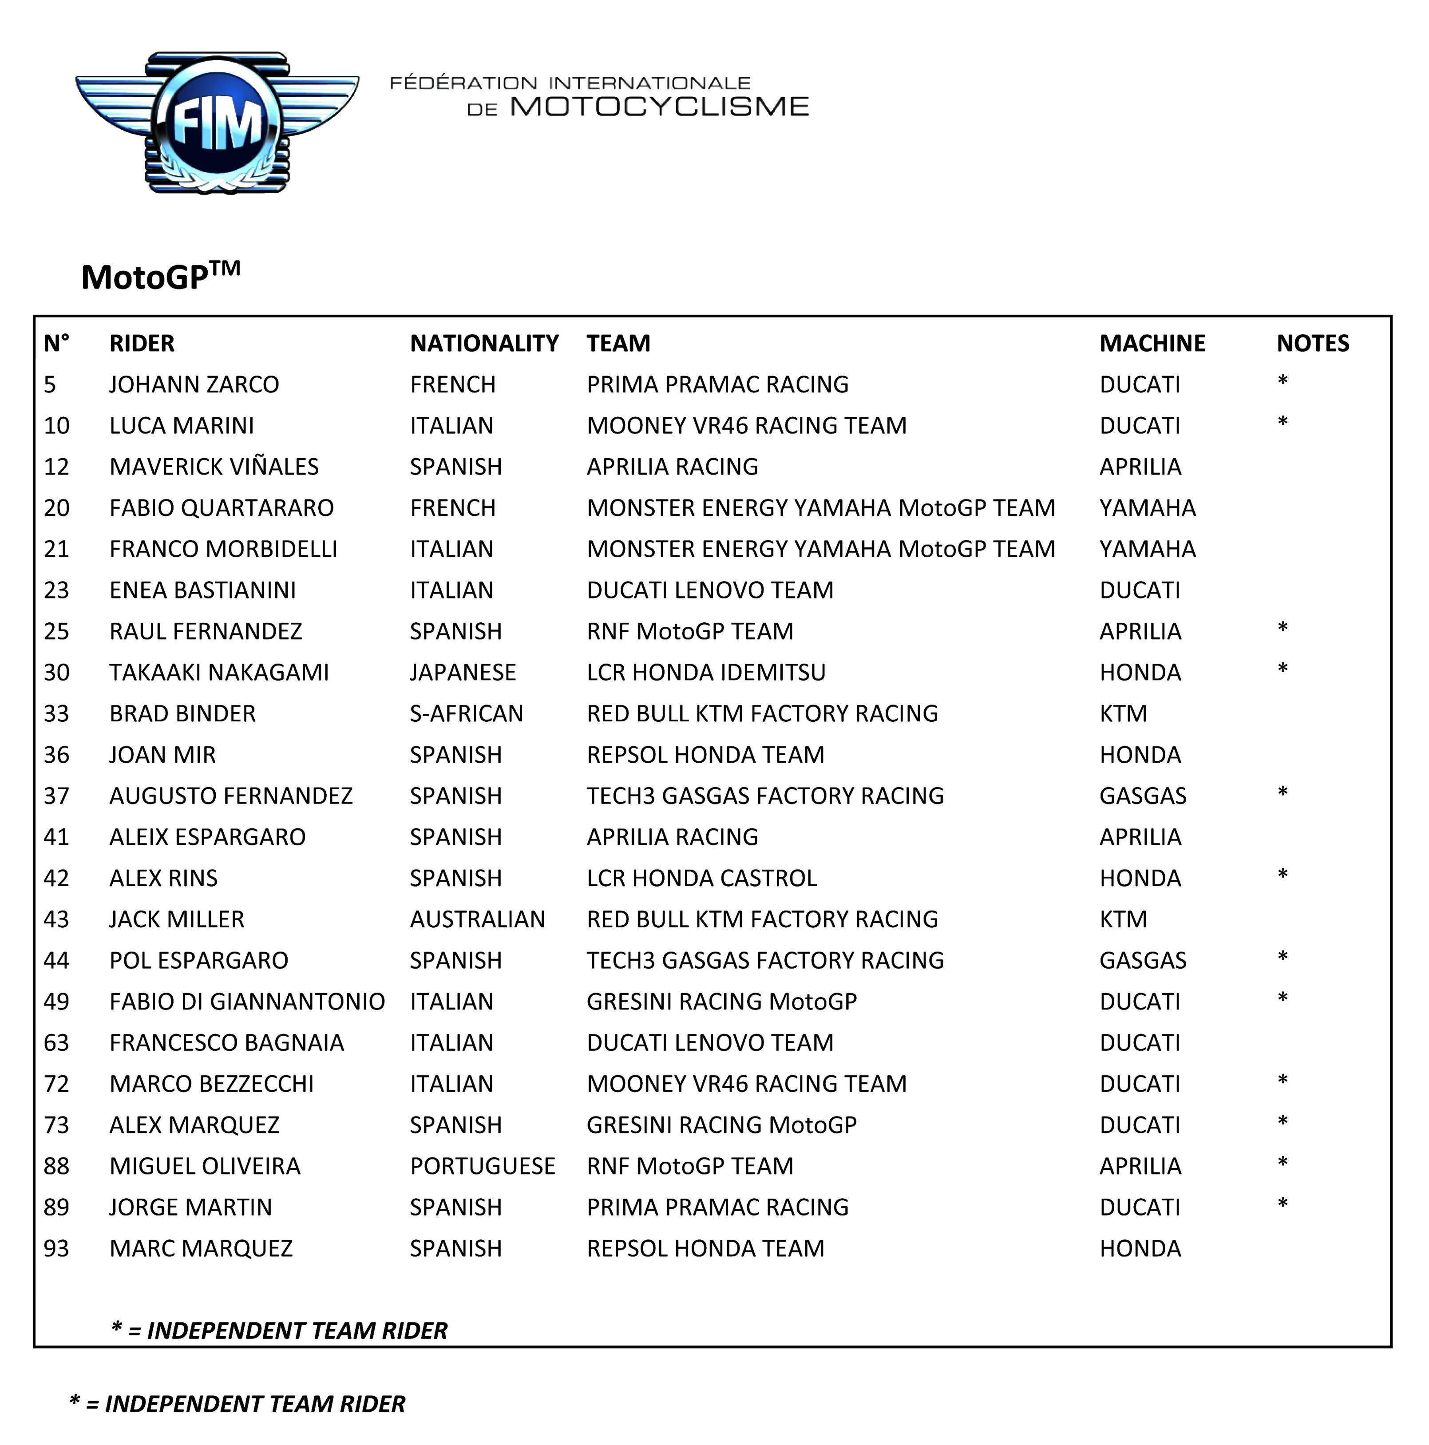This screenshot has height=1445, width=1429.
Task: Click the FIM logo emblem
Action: (x=216, y=122)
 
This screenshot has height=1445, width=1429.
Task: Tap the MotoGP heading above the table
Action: (x=160, y=276)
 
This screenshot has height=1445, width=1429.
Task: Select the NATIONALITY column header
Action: (x=484, y=343)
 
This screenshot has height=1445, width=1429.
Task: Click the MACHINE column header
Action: (x=1152, y=343)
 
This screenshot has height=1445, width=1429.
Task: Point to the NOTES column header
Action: (x=1312, y=343)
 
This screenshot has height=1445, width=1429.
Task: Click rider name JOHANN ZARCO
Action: (x=194, y=384)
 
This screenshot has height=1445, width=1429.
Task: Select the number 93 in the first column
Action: (x=56, y=1248)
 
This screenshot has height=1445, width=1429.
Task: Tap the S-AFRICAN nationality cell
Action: (x=466, y=713)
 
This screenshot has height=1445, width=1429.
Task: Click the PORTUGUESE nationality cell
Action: (x=482, y=1166)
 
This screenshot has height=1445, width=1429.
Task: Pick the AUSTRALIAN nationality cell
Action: (x=477, y=919)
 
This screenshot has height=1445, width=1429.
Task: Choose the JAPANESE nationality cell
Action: (x=462, y=673)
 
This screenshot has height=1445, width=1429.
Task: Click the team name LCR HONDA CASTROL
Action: (x=701, y=878)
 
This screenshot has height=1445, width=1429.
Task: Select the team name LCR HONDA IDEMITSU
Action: (x=706, y=673)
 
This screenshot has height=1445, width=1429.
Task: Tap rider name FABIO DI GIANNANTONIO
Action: (x=247, y=1002)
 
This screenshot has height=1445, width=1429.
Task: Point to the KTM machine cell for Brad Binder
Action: (x=1122, y=713)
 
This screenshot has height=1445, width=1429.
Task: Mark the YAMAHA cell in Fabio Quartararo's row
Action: (x=1147, y=508)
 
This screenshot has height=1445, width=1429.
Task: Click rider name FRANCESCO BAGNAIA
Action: (x=226, y=1043)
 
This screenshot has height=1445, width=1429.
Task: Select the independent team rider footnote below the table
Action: (x=237, y=1404)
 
